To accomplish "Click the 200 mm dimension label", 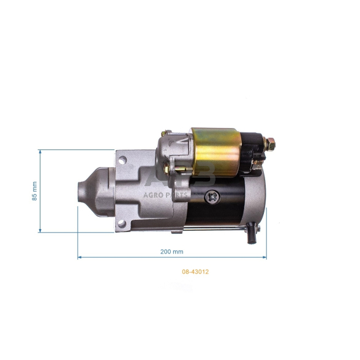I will pos(171,252).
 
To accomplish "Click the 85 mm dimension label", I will pos(34,191).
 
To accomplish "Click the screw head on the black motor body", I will pos(212,197).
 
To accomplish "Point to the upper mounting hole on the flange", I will pos(122,161).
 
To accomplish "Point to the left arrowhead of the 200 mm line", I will pos(79,258).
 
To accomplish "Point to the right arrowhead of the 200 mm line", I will pos(265,258).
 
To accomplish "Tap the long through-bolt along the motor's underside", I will pos(214,228).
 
